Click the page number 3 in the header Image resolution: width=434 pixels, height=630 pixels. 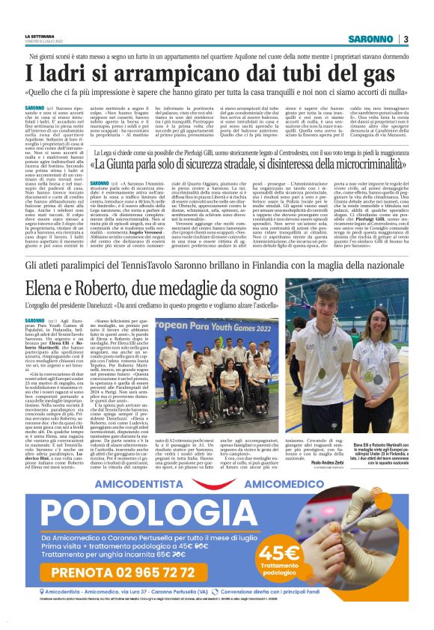click(x=405, y=39)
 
